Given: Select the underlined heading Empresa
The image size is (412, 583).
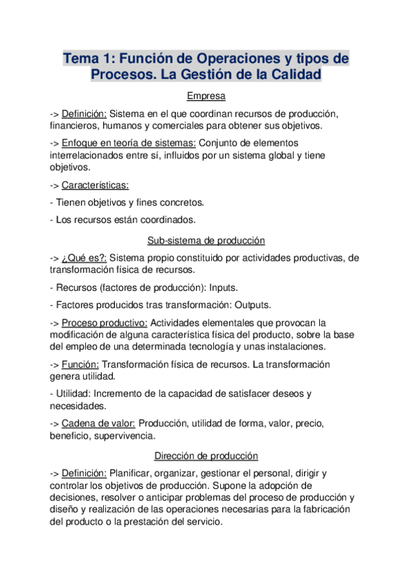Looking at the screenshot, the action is pyautogui.click(x=206, y=96).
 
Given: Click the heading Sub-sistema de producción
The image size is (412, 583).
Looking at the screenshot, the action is pyautogui.click(x=206, y=240).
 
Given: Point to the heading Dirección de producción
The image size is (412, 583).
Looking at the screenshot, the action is pyautogui.click(x=206, y=455).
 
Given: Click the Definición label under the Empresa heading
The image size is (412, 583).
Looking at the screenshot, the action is pyautogui.click(x=84, y=113).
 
